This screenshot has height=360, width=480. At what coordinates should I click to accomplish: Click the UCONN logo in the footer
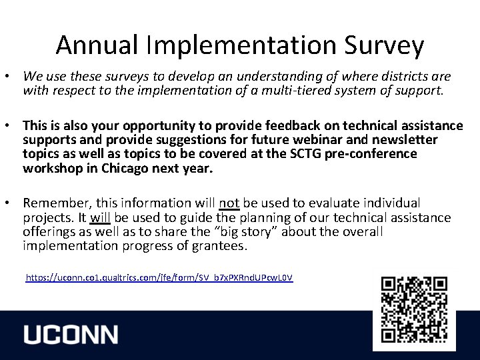(x=71, y=335)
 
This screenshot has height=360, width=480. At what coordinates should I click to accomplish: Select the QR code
(x=414, y=309)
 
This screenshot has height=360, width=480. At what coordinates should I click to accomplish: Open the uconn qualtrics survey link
(x=159, y=276)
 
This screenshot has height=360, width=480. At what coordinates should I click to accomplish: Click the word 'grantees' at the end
(x=223, y=246)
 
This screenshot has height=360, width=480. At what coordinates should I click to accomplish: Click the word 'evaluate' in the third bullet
(x=350, y=202)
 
